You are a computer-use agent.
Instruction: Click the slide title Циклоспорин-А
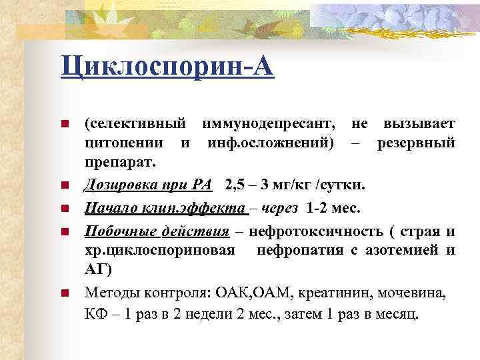tap(167, 67)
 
